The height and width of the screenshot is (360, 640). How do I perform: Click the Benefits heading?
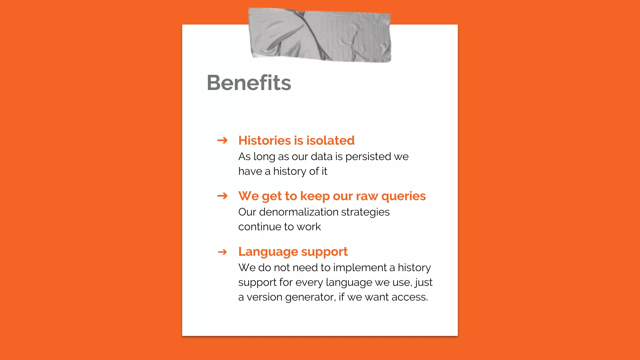(x=249, y=83)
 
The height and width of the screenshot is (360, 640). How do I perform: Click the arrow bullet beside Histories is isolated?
(x=222, y=140)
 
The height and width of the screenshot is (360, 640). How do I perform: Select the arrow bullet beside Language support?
(x=222, y=252)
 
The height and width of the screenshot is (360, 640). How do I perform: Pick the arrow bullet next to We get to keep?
(x=222, y=196)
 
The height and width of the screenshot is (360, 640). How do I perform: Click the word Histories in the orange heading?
(x=264, y=140)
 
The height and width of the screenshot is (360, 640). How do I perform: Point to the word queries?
(x=403, y=196)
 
